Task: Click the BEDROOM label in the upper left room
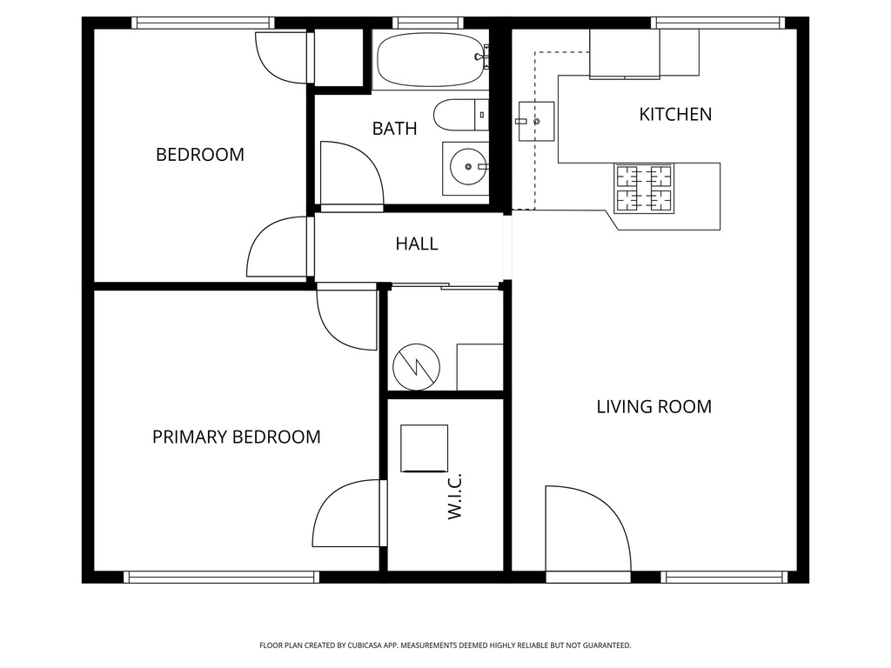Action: click(200, 155)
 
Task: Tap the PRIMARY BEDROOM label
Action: click(236, 437)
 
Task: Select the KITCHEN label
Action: click(675, 114)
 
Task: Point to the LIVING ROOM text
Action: click(653, 406)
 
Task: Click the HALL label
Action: click(417, 244)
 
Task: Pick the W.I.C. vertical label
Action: click(454, 498)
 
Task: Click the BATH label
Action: click(394, 129)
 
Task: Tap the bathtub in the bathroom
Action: click(429, 60)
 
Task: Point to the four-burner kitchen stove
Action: click(645, 189)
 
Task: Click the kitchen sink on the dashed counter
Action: click(535, 121)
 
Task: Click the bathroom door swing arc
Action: click(352, 174)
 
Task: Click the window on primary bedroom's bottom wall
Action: click(221, 576)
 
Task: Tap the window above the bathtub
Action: click(427, 23)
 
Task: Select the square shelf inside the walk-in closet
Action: click(424, 447)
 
